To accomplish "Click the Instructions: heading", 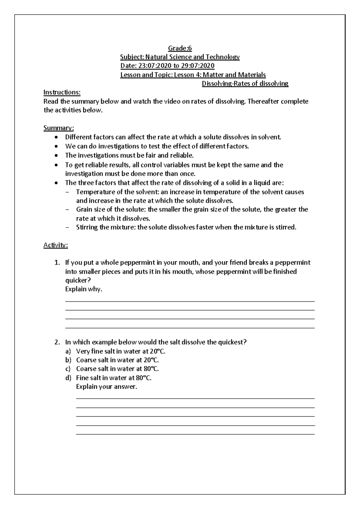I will coord(62,92).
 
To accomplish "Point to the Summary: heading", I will coord(58,128).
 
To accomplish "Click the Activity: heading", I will coord(56,245).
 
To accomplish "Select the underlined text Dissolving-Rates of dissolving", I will coord(245,83).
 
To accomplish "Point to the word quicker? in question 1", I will coord(78,280).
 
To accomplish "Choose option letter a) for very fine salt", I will coord(68,351).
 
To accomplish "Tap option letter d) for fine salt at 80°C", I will coord(68,378).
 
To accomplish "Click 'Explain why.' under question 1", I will coord(84,289).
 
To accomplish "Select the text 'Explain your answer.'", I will coord(106,387).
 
